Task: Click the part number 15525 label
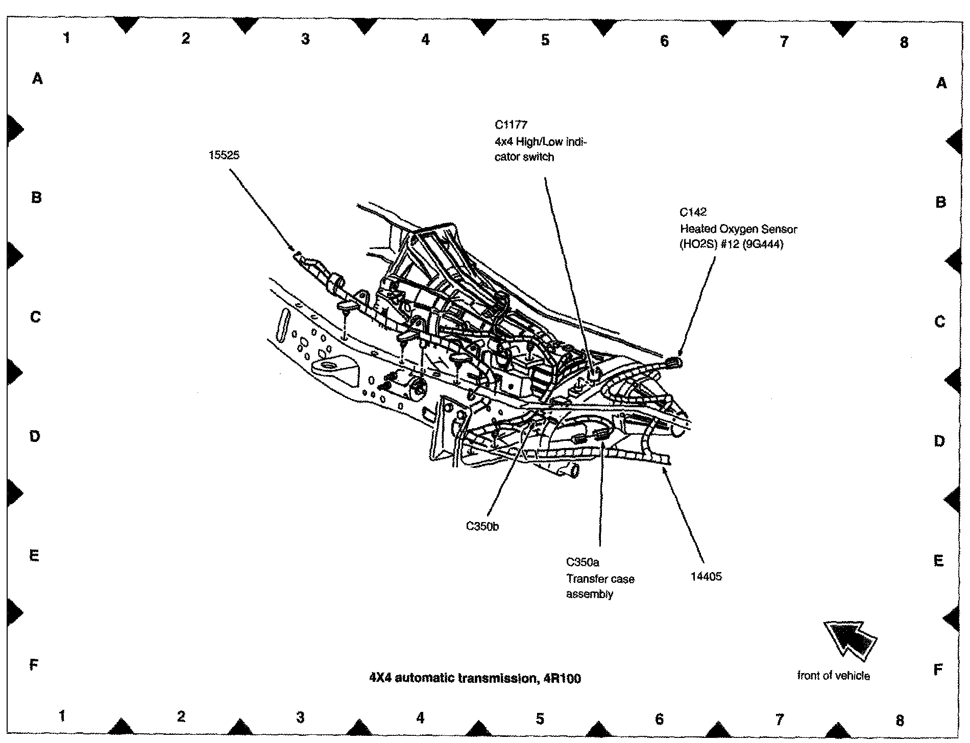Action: click(x=224, y=155)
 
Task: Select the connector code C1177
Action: click(x=511, y=125)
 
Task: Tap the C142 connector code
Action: click(x=693, y=212)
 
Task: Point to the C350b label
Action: click(x=482, y=526)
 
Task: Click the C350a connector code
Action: click(x=583, y=562)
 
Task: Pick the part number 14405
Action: click(x=706, y=577)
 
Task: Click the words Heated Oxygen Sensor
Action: click(x=738, y=229)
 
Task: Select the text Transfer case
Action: click(x=600, y=579)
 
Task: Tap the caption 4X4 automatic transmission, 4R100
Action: click(x=475, y=678)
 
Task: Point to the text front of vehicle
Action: click(x=833, y=676)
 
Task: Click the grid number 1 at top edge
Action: click(x=66, y=37)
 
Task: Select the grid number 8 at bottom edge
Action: click(x=899, y=720)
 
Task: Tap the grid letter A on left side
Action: click(x=37, y=79)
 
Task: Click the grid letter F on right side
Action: click(x=937, y=670)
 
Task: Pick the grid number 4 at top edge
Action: click(x=425, y=39)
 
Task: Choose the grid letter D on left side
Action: click(x=35, y=436)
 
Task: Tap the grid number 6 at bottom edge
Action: click(x=659, y=719)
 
